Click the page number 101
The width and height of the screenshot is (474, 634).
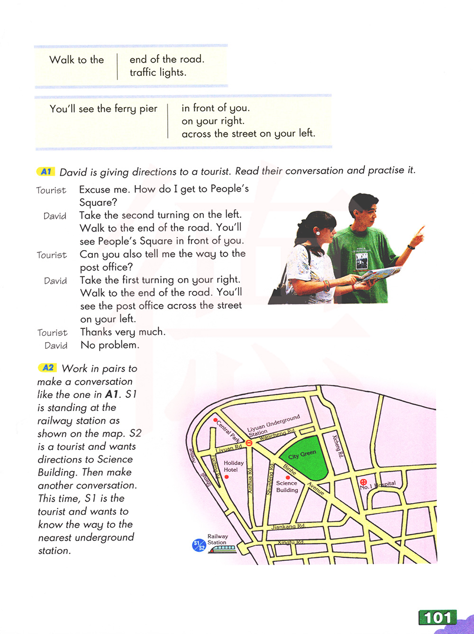tap(437, 617)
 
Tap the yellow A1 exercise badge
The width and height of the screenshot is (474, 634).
tap(46, 172)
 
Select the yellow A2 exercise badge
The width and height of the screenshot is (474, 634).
tap(47, 368)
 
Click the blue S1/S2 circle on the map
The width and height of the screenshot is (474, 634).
tap(199, 546)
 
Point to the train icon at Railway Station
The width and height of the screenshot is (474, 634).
tap(222, 549)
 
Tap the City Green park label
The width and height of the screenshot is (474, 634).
tap(302, 455)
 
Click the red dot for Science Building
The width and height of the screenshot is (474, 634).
tap(287, 477)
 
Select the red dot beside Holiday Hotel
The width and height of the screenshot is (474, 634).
tap(227, 477)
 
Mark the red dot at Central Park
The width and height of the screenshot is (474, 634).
tap(216, 420)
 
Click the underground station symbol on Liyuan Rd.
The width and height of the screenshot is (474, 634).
tap(249, 443)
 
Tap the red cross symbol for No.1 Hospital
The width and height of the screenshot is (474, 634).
tap(364, 482)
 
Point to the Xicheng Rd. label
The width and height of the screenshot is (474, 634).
tap(337, 446)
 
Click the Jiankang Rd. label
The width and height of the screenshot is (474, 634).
tap(288, 526)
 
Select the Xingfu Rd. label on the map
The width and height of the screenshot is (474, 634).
tap(290, 542)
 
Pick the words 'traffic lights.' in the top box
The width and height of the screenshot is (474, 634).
tap(158, 73)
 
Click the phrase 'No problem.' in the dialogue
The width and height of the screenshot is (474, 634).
tap(110, 345)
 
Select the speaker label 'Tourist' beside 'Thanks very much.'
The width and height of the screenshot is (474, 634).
tap(52, 333)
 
